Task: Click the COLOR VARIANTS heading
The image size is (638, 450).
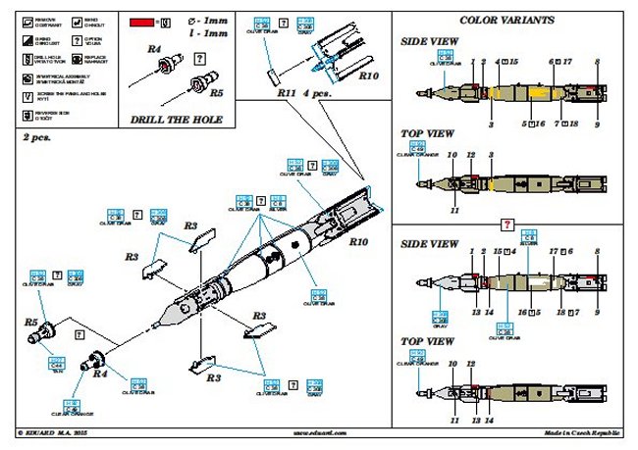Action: [x=506, y=20]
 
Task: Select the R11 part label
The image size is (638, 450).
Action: [x=287, y=92]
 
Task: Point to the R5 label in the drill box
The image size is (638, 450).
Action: [x=218, y=94]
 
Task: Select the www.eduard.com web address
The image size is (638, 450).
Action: [x=316, y=432]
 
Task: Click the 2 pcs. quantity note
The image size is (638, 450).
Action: [x=37, y=138]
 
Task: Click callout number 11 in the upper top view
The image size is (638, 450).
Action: [x=455, y=210]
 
